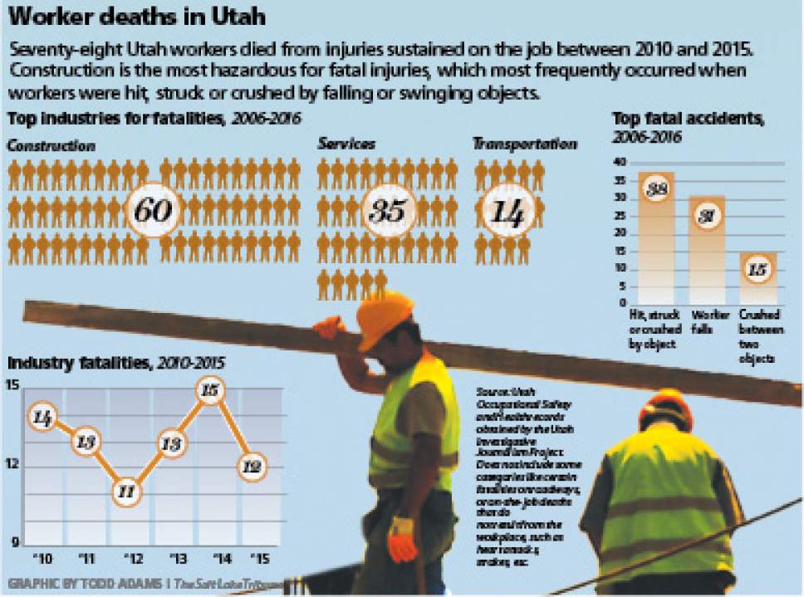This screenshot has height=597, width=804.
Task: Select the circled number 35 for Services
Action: tap(387, 211)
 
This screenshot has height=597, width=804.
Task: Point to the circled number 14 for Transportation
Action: tap(506, 213)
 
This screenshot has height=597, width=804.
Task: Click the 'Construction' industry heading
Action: tap(51, 146)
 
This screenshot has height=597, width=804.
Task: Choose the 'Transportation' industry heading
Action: tap(524, 144)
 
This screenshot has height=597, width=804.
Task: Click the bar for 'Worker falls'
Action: tap(707, 249)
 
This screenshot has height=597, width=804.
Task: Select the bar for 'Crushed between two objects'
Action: tap(758, 277)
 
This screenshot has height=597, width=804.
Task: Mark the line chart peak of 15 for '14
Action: tap(211, 390)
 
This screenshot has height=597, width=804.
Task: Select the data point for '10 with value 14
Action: tap(42, 418)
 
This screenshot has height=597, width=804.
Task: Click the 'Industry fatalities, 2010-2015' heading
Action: tap(115, 363)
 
